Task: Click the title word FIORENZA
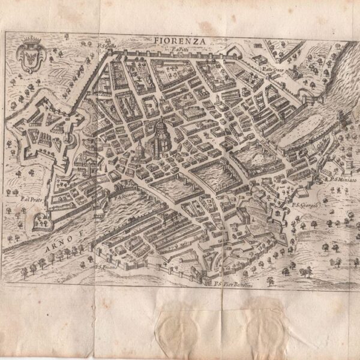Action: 178,40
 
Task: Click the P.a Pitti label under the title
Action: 176,50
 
